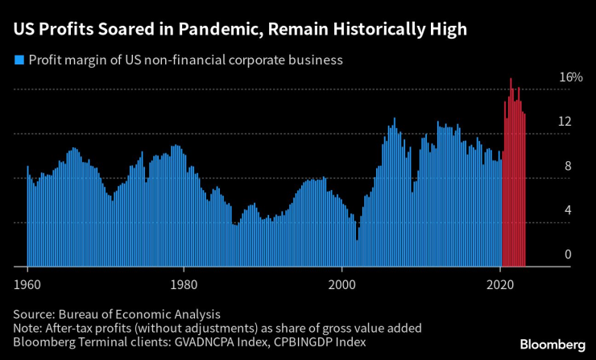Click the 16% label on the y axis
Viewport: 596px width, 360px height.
[x=571, y=77]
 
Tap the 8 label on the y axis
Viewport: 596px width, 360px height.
[x=567, y=167]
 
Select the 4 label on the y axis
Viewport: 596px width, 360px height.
[x=567, y=211]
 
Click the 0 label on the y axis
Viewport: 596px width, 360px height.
[x=567, y=255]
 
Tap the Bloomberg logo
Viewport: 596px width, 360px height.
[x=552, y=344]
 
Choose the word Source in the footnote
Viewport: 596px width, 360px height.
[x=34, y=314]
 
